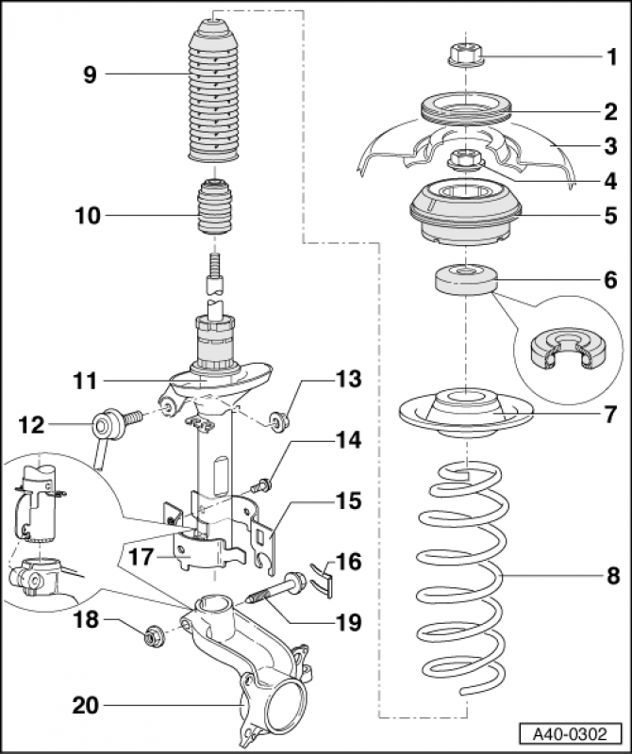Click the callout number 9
click(90, 74)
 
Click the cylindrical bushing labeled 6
click(465, 281)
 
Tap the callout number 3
click(610, 146)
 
